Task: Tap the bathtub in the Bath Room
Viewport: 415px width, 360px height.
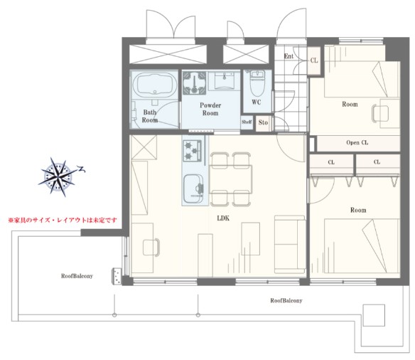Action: click(155, 84)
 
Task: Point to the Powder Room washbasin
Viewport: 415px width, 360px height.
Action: click(224, 80)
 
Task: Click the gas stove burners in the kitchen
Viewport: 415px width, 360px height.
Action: click(192, 150)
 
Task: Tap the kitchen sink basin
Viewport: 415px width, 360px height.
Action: click(194, 189)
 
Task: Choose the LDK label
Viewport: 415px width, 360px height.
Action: click(223, 218)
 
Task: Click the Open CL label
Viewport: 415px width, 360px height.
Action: click(357, 142)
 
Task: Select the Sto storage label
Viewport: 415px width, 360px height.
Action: click(263, 122)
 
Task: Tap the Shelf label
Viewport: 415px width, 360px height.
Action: click(247, 122)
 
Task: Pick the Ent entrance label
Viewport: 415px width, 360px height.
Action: click(289, 56)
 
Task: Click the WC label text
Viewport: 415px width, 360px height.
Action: click(257, 102)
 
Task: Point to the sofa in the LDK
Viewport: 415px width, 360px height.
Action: click(290, 244)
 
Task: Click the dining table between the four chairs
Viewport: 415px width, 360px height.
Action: click(230, 179)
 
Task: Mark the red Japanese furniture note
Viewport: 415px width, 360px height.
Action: click(63, 220)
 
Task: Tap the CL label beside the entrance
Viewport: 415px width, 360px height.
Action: click(314, 60)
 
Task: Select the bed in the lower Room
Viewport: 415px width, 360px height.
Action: click(362, 245)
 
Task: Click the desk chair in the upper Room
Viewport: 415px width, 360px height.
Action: click(380, 113)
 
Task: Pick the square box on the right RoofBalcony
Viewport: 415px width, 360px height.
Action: click(374, 315)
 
